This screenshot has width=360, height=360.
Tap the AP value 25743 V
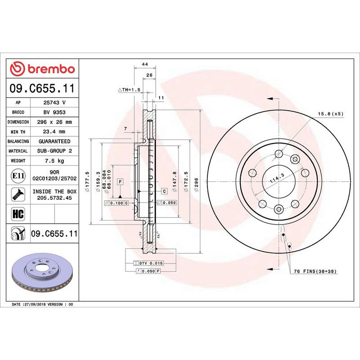coord(54,103)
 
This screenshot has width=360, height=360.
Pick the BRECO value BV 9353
coord(54,112)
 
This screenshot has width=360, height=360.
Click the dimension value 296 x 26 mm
coord(54,122)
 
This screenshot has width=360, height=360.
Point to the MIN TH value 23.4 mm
coord(54,132)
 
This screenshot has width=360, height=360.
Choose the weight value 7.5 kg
coord(54,161)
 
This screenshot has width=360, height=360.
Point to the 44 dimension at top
coord(145,65)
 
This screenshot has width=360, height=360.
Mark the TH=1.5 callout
coord(130,90)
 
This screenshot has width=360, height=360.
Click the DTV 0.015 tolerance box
coord(148,262)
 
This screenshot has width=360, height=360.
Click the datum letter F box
coord(120,182)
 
